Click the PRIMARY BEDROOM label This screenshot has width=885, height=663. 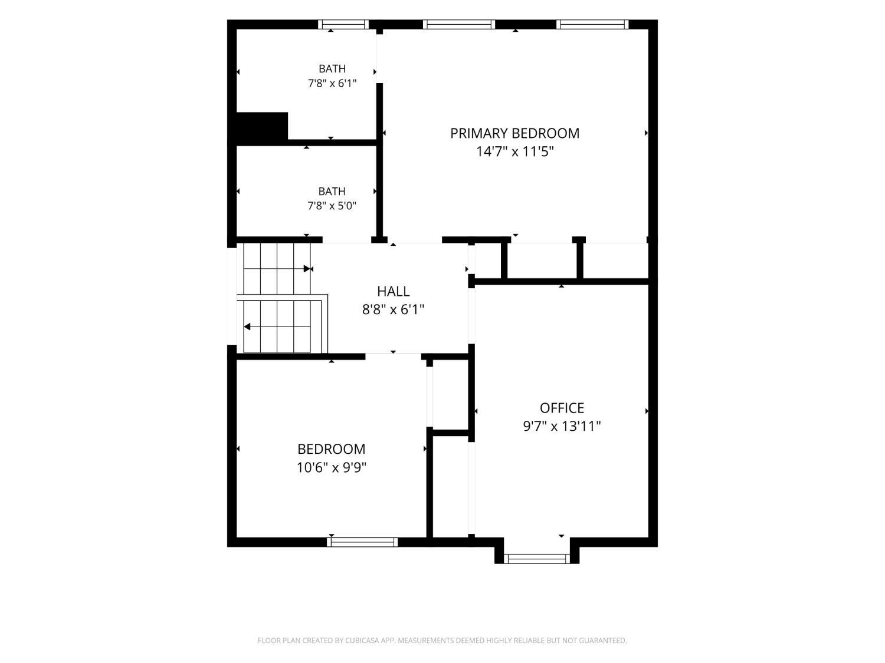[514, 133]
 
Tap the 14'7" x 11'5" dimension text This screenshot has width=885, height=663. [515, 152]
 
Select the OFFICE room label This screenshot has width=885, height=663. [562, 408]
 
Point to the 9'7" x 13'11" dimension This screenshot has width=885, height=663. [562, 426]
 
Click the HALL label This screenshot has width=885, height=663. [393, 291]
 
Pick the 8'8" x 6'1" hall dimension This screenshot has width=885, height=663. [393, 309]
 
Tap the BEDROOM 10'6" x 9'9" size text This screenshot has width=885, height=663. [332, 468]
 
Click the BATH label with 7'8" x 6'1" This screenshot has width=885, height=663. [332, 69]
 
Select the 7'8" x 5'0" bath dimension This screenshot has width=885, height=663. [332, 206]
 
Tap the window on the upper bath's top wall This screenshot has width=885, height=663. [343, 24]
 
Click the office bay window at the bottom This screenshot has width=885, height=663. [537, 559]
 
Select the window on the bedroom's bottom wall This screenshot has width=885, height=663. [362, 542]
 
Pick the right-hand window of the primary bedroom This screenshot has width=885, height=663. [592, 24]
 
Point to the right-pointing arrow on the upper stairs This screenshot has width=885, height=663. [308, 269]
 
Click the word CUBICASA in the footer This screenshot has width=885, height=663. [362, 640]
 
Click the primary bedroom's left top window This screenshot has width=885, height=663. [459, 24]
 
